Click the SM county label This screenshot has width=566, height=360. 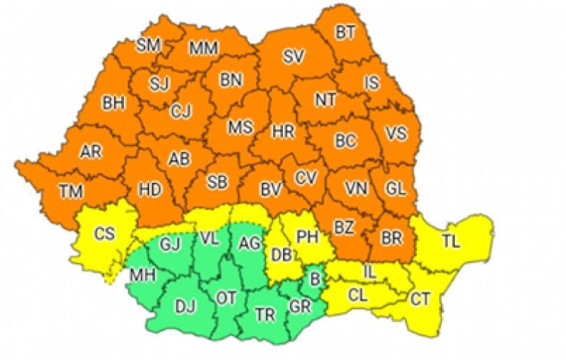coord(148,45)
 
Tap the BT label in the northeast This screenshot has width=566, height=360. coord(346,33)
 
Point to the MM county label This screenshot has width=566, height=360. coord(203,48)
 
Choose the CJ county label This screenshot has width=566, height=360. coord(181,111)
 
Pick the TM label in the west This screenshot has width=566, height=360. coord(71,190)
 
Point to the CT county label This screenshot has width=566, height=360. coord(420,299)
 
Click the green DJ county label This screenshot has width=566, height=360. coord(185,306)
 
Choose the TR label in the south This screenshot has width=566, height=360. coord(266,315)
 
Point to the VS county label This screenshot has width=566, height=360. coord(396,134)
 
